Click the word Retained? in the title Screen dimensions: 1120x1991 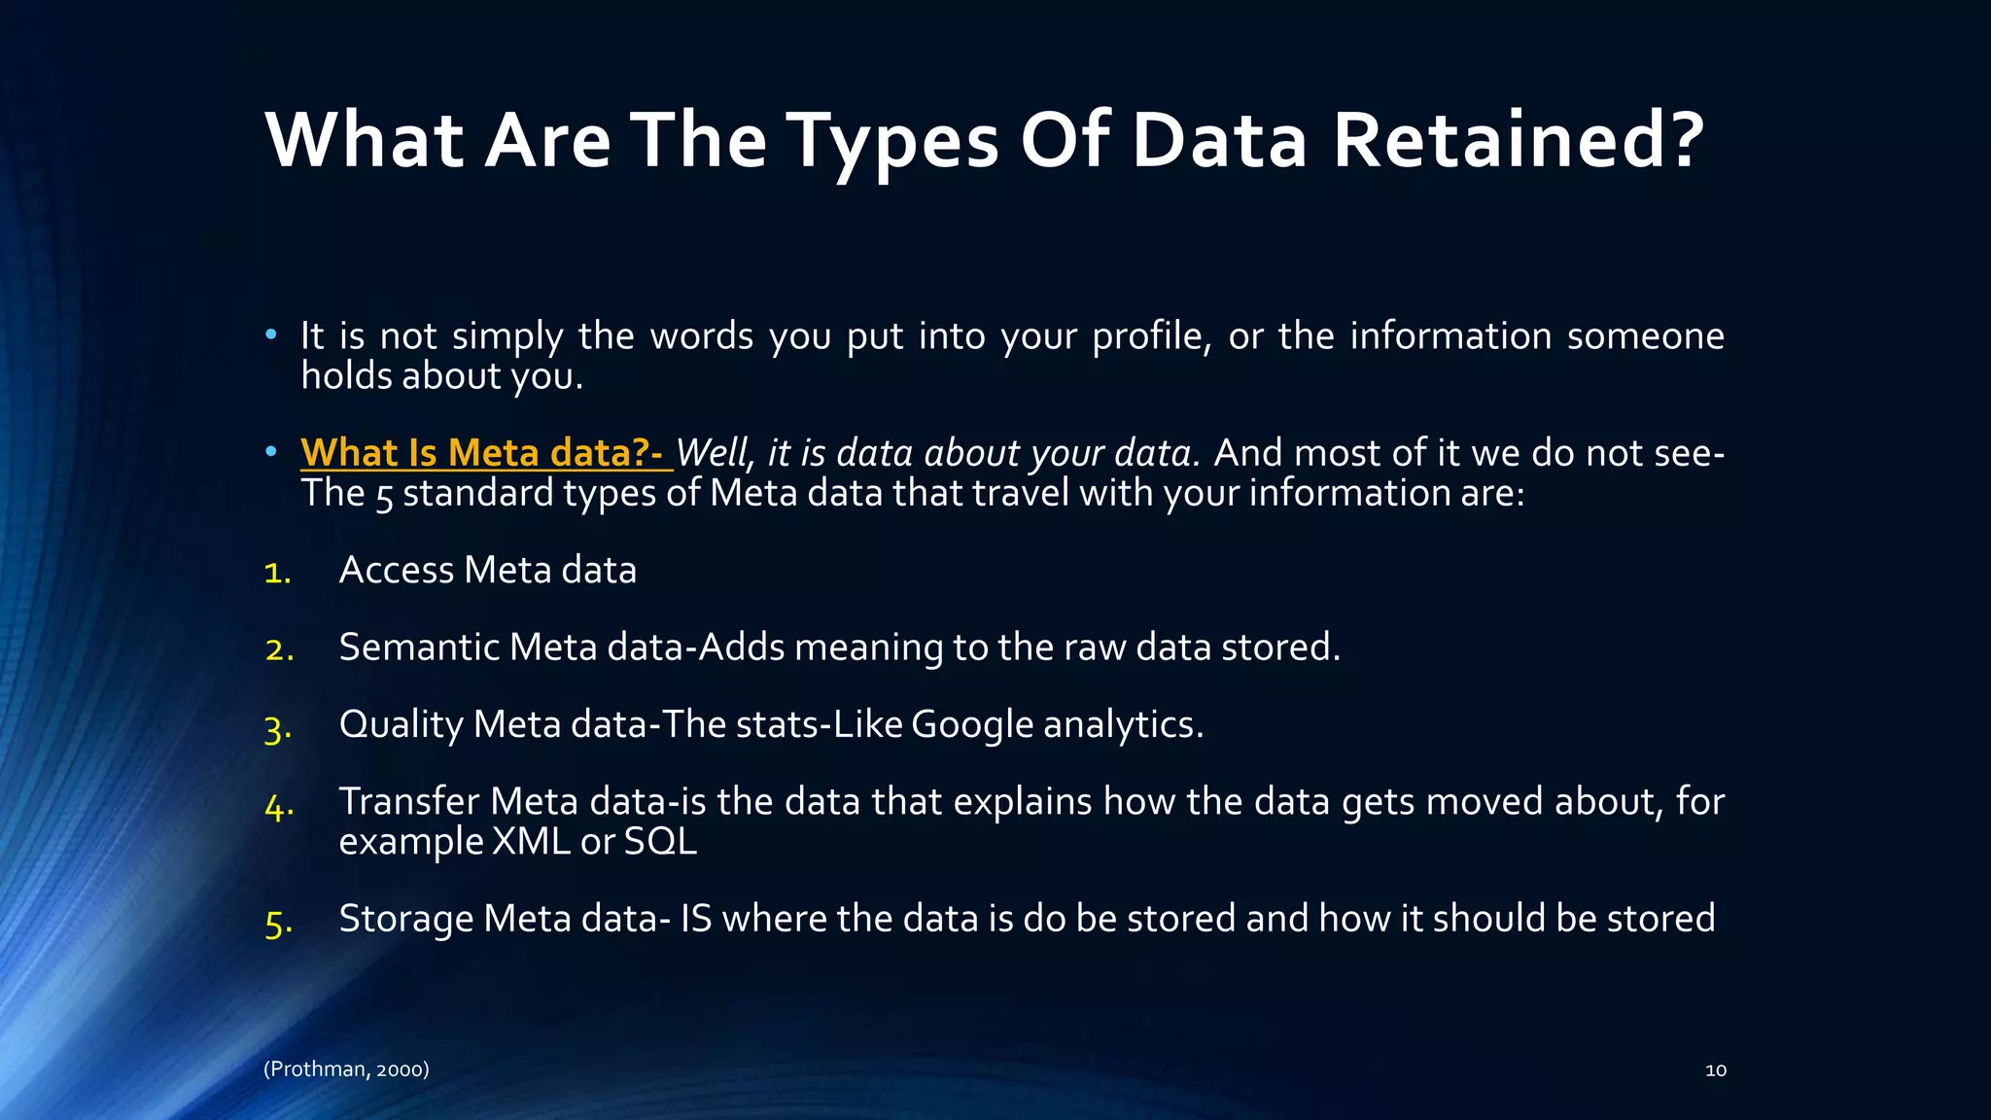click(1518, 140)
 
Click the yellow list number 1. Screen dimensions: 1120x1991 click(277, 573)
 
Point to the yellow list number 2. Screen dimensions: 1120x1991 click(279, 649)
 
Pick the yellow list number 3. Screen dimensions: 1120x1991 click(278, 728)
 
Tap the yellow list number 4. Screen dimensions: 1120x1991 click(279, 806)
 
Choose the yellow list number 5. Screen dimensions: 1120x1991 click(278, 923)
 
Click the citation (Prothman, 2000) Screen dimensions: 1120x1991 click(346, 1069)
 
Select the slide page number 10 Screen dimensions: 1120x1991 click(1715, 1070)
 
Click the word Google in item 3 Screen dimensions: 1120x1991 click(971, 725)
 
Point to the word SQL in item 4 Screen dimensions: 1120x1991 click(660, 842)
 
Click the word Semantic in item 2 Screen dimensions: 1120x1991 click(418, 647)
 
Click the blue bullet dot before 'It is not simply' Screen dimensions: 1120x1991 click(271, 335)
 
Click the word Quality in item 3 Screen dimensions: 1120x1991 click(401, 725)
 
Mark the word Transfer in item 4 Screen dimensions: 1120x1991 click(408, 802)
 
